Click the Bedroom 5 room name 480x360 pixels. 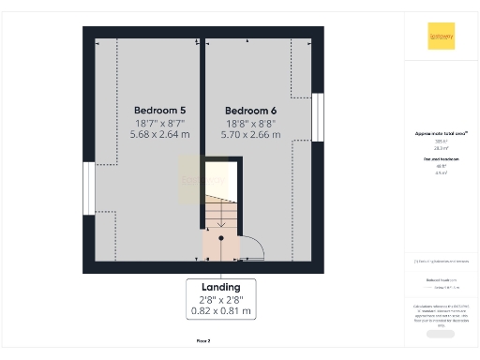(x=153, y=109)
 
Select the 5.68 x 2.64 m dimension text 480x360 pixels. (x=160, y=135)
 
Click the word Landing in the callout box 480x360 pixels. (x=221, y=286)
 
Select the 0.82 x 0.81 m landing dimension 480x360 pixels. (x=221, y=310)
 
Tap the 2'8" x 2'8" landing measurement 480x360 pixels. (x=221, y=298)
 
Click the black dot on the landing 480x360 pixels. (x=221, y=239)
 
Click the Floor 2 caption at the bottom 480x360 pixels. (x=203, y=340)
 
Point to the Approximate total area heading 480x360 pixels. (x=441, y=134)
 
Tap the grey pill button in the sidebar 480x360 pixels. (x=440, y=334)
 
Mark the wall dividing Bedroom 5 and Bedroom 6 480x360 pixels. (x=202, y=131)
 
